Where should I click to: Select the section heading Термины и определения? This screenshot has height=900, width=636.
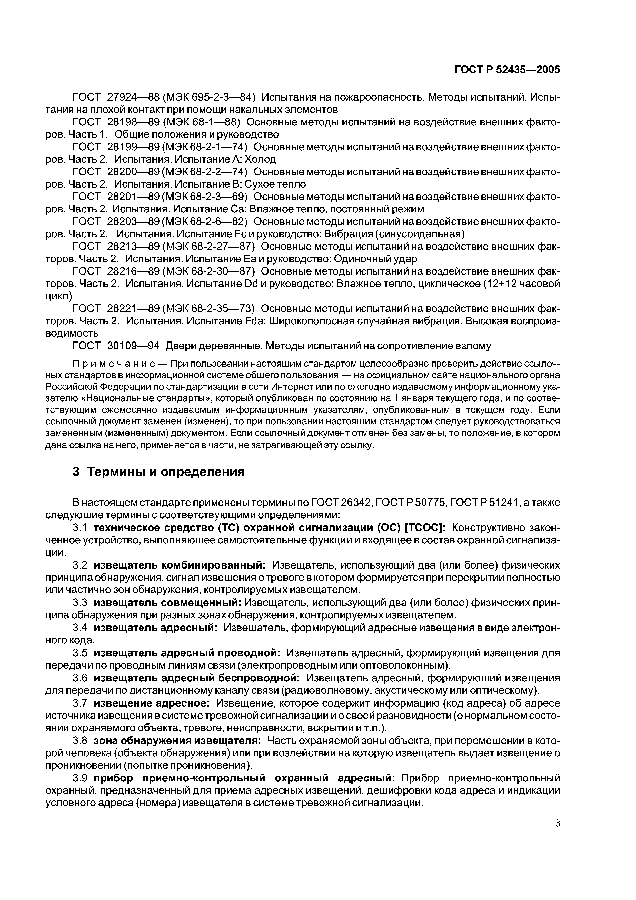pos(159,472)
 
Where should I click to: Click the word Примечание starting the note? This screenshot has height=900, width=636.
pos(102,364)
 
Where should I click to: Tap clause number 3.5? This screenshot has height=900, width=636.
pos(80,653)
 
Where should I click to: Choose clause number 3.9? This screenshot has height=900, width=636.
pos(80,778)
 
